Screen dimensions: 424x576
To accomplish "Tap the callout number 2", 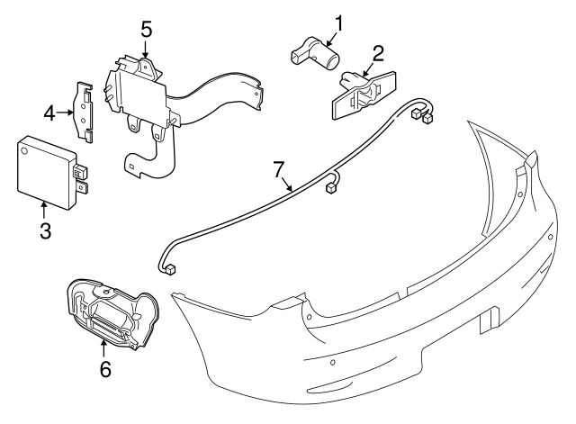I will pos(378,52).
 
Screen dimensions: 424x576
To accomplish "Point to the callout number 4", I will pos(51,113).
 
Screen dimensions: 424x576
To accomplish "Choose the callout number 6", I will pos(105,367).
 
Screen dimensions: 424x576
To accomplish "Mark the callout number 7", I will pos(279,168).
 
